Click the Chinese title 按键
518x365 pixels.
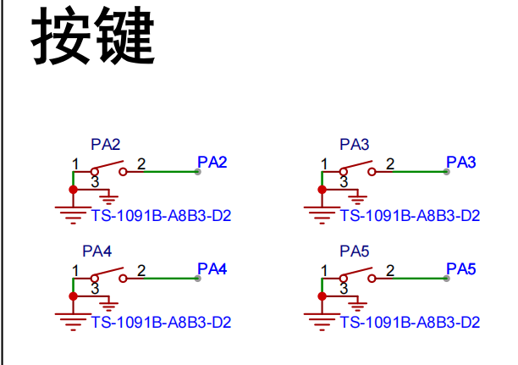click(93, 36)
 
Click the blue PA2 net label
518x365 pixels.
click(212, 162)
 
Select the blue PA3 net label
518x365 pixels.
click(460, 162)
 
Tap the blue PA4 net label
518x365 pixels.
click(212, 268)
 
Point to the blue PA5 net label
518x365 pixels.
click(460, 268)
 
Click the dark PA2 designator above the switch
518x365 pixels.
click(106, 145)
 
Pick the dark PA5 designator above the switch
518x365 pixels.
click(355, 252)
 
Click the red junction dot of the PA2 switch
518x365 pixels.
click(74, 190)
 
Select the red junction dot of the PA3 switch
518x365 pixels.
click(322, 190)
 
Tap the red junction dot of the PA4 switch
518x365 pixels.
click(74, 296)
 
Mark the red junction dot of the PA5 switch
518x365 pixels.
click(322, 296)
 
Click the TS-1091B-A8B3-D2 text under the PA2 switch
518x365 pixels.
click(161, 216)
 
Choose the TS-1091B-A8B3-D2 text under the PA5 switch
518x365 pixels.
click(410, 323)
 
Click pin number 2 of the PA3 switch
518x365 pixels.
click(390, 164)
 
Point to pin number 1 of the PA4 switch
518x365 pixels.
click(75, 271)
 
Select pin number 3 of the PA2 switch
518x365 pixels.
click(95, 182)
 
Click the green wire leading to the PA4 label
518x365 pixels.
click(171, 279)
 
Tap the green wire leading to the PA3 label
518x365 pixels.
click(420, 172)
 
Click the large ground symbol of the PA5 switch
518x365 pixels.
click(322, 322)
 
